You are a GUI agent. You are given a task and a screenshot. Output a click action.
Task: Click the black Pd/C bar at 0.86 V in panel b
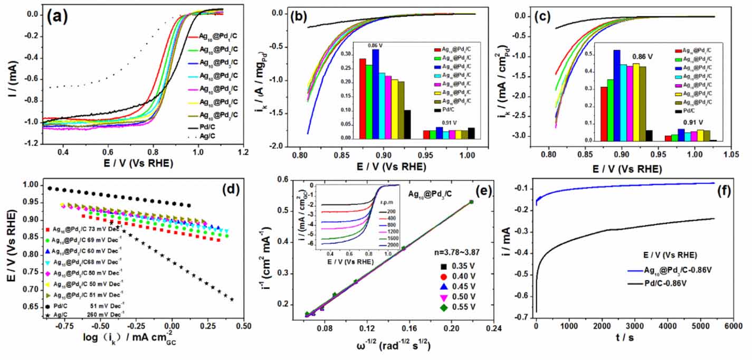pos(407,124)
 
